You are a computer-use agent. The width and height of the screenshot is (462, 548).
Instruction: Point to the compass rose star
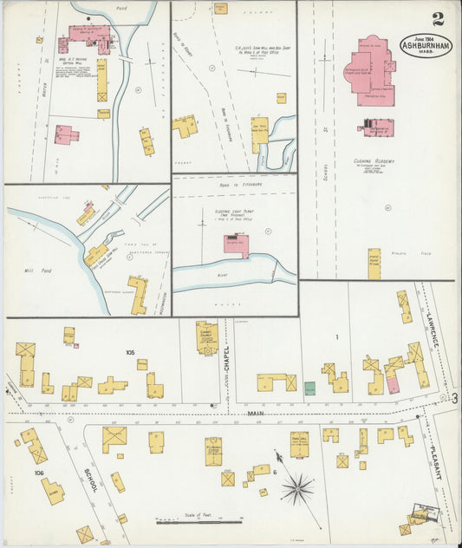[297, 489]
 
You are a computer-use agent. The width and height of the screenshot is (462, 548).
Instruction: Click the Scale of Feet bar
[198, 521]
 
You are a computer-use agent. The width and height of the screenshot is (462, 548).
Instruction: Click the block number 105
[130, 353]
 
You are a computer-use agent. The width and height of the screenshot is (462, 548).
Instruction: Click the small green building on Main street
[309, 388]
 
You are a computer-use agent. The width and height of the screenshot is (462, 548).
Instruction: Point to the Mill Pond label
[40, 271]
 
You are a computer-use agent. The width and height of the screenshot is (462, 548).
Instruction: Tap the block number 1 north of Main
[336, 336]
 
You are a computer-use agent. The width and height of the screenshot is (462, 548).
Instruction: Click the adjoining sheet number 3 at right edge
[454, 397]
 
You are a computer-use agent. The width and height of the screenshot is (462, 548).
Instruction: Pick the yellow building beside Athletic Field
[374, 264]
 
